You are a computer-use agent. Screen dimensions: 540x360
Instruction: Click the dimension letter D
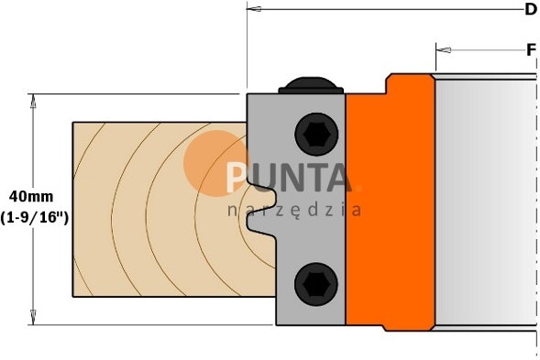pos(531,9)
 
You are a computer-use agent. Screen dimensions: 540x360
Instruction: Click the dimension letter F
pos(532,50)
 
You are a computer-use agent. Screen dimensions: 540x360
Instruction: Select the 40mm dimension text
pos(31,197)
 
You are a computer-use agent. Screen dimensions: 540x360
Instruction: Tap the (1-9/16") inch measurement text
pos(34,217)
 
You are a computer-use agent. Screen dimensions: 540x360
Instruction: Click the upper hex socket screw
pos(316,134)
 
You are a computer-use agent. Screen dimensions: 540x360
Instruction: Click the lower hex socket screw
pos(316,284)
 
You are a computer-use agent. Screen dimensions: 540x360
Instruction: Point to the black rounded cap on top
pos(311,85)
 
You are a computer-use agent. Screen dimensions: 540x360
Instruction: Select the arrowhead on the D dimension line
pos(254,9)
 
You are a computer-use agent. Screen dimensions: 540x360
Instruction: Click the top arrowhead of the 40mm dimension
pos(33,101)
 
